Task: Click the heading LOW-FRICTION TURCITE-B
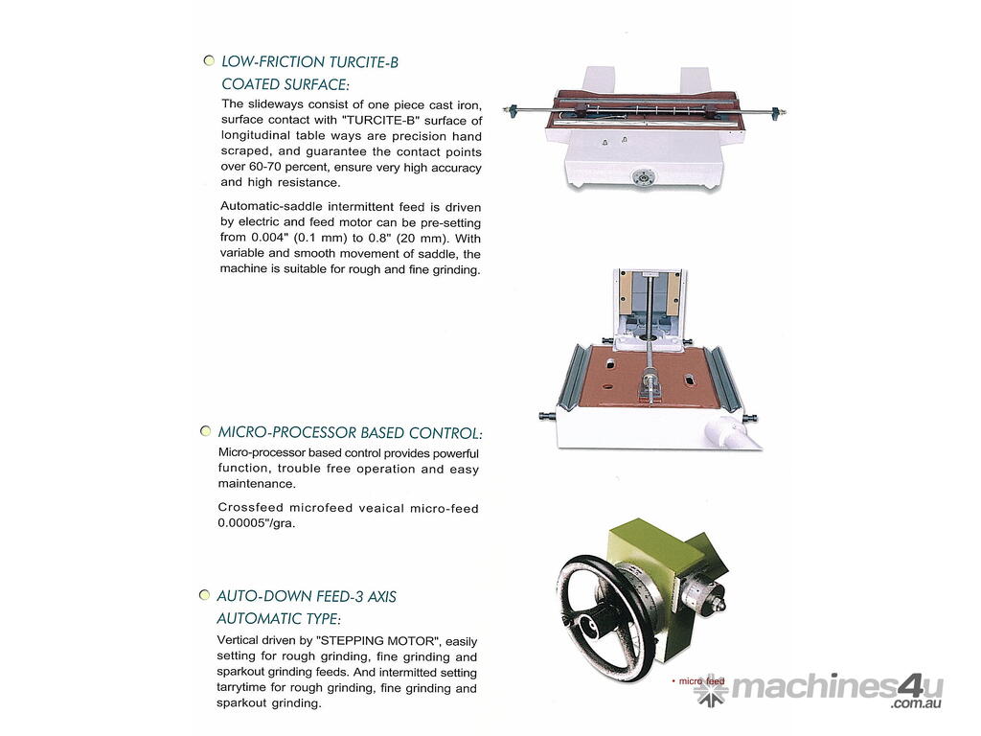coord(309,62)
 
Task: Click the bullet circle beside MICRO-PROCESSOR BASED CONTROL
coord(205,430)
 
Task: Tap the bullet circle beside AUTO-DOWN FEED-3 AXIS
coord(204,594)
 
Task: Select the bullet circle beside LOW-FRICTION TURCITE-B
coord(209,60)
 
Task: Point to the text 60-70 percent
coord(288,167)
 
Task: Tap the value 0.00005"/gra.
coord(256,523)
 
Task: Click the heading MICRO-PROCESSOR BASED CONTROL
coord(350,432)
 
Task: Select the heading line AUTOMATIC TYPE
coord(279,618)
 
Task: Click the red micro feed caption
coord(700,681)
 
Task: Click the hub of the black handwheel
coord(589,623)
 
